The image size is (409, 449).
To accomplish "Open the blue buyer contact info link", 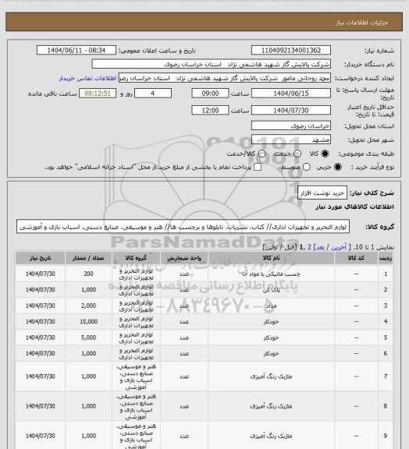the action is click(85, 78).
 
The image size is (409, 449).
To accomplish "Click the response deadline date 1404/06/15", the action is click(288, 92).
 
